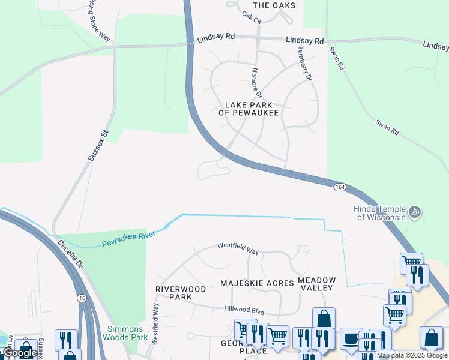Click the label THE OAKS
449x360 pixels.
click(x=274, y=5)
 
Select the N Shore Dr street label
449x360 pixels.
click(x=256, y=82)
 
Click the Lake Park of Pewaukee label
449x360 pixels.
click(x=249, y=108)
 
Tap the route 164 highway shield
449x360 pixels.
click(x=340, y=187)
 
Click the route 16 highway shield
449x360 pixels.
click(x=81, y=298)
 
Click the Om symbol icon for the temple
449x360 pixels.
click(x=414, y=212)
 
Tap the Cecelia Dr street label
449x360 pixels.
click(x=70, y=255)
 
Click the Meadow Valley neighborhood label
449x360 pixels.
click(x=317, y=284)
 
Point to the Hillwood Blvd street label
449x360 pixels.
click(x=244, y=311)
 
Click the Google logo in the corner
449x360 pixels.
click(x=19, y=353)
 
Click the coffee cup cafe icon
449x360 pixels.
click(x=351, y=339)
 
